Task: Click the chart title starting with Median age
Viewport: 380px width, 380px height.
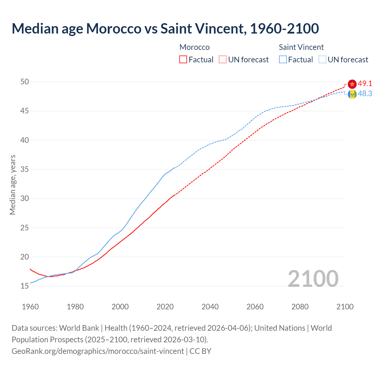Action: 165,28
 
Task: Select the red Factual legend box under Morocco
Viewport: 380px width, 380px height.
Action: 183,60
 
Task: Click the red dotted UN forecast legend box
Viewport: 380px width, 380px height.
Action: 223,60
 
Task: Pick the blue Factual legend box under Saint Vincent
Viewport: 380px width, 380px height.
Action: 283,60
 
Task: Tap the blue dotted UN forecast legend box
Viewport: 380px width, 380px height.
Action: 322,60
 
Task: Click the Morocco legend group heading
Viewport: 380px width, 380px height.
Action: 194,47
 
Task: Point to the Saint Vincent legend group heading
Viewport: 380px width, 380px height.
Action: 301,47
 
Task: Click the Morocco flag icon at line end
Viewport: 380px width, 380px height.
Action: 352,84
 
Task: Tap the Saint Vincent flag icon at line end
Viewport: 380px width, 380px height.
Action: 352,94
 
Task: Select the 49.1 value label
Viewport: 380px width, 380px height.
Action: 365,84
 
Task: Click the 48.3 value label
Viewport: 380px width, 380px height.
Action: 365,94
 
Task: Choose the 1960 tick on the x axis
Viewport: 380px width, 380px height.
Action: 30,307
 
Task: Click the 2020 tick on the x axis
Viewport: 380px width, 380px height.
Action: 165,307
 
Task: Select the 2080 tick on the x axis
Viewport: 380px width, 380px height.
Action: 300,307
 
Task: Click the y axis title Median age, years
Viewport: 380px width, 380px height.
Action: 12,185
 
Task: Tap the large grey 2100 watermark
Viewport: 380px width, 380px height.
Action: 313,278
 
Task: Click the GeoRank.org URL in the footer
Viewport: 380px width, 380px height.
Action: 98,351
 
